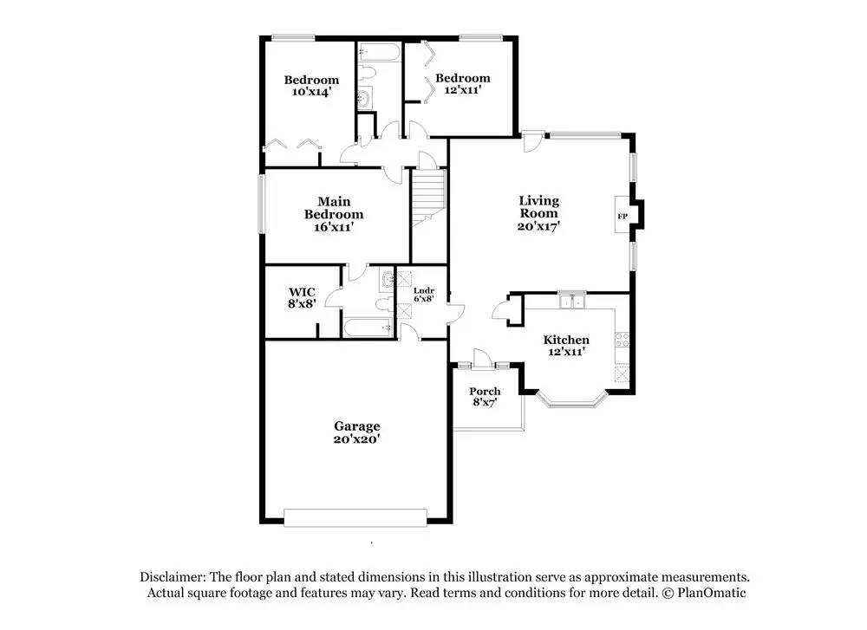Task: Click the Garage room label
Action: (357, 432)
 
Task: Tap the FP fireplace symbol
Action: (622, 216)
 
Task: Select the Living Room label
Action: (538, 213)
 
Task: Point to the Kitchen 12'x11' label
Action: (566, 345)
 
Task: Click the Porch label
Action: (485, 397)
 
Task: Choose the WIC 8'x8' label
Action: (302, 296)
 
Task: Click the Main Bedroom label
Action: (333, 214)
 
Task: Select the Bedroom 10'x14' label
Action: (311, 85)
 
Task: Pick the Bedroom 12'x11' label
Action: (462, 83)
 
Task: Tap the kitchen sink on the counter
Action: (571, 302)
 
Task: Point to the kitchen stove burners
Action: (621, 341)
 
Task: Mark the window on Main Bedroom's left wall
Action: (261, 205)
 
